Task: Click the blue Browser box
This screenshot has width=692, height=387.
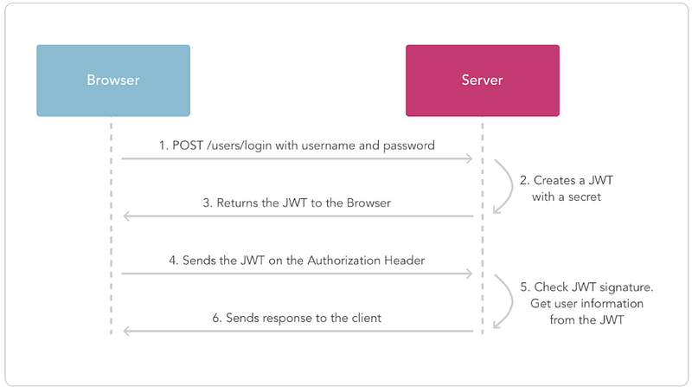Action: click(x=113, y=81)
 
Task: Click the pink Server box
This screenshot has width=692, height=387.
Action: click(x=483, y=81)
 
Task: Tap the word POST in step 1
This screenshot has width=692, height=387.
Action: click(x=188, y=145)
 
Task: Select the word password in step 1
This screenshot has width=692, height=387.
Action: click(x=408, y=145)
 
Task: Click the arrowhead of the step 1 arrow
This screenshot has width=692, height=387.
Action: click(x=469, y=158)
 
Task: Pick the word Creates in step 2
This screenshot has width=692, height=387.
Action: click(x=554, y=180)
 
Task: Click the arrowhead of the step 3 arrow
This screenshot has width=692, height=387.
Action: click(x=127, y=216)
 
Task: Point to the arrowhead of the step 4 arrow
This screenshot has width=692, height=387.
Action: click(x=469, y=274)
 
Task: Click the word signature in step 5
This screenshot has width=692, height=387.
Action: click(x=626, y=287)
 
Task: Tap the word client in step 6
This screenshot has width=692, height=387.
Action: click(x=367, y=318)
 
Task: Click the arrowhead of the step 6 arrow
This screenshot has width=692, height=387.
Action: click(x=127, y=331)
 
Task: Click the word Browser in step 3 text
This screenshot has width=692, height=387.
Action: click(x=369, y=203)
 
